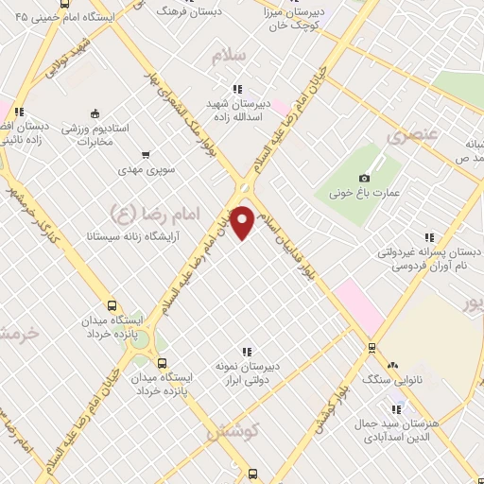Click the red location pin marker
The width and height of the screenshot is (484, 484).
point(243,222)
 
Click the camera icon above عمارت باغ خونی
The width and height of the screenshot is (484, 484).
point(365,178)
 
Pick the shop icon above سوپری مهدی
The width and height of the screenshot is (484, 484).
point(145,154)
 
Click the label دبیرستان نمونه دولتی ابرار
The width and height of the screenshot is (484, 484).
point(245,374)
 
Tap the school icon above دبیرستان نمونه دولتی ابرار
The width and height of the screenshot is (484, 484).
point(248,352)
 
